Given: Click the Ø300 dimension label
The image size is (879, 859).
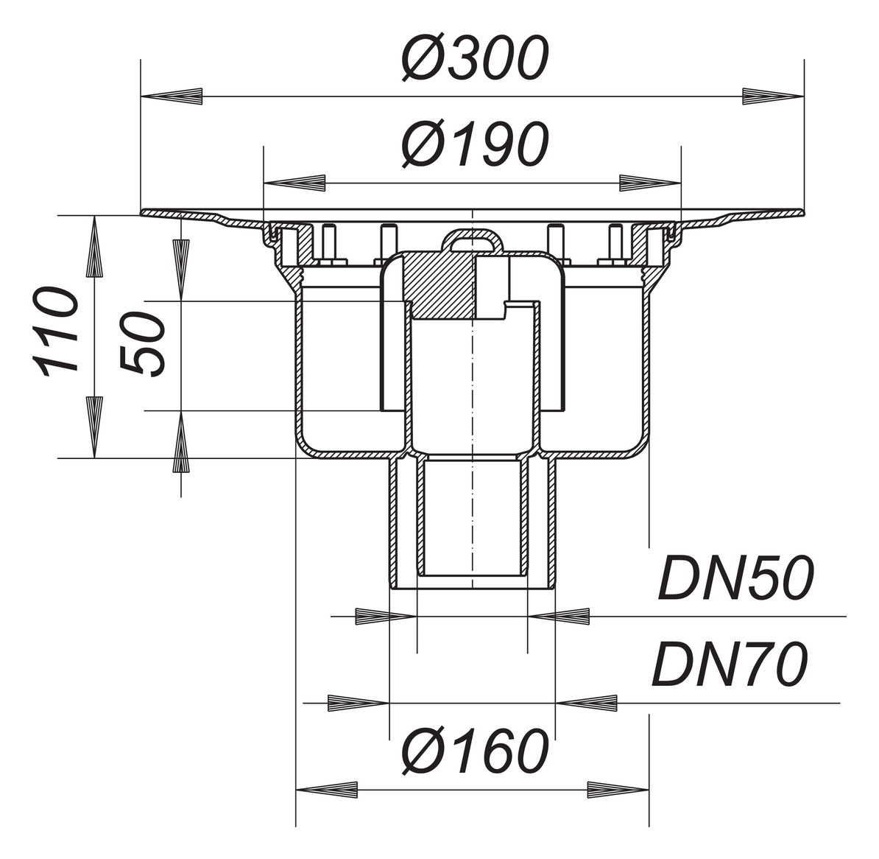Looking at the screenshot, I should tap(475, 58).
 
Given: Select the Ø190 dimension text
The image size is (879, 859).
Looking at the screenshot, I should tap(475, 144).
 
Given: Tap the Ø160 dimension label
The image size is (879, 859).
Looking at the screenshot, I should tap(475, 752).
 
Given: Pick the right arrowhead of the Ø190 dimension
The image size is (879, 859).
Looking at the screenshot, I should tap(649, 183).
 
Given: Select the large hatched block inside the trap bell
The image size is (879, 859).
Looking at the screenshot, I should tap(437, 284).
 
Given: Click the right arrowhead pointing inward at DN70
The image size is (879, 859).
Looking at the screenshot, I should tap(587, 703).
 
